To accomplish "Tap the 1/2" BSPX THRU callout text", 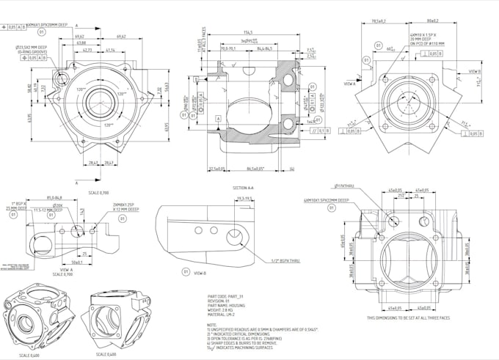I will [x=285, y=261].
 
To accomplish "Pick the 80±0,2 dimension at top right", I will [x=433, y=21].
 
